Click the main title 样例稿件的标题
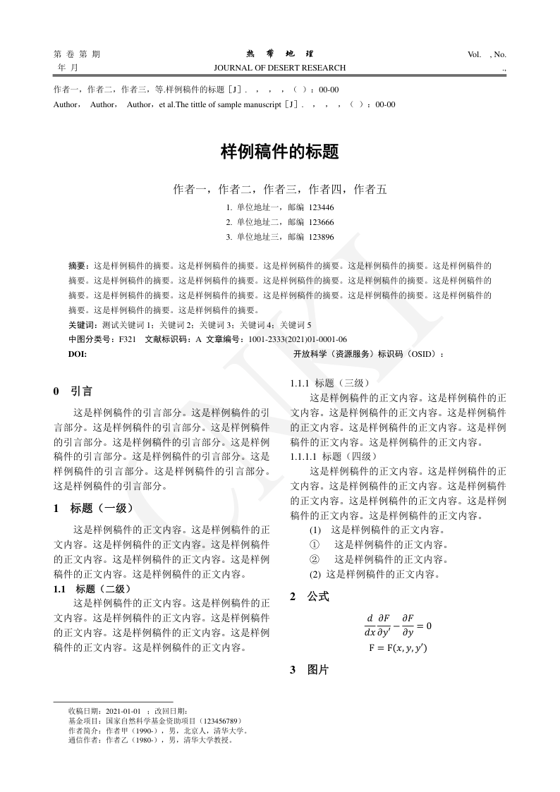[280, 152]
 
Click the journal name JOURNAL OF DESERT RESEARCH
[284, 68]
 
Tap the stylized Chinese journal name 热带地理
[280, 54]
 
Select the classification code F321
[128, 339]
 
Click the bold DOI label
[78, 354]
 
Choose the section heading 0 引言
[73, 390]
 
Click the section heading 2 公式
[310, 597]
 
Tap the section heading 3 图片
[310, 670]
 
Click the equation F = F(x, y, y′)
[398, 647]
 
